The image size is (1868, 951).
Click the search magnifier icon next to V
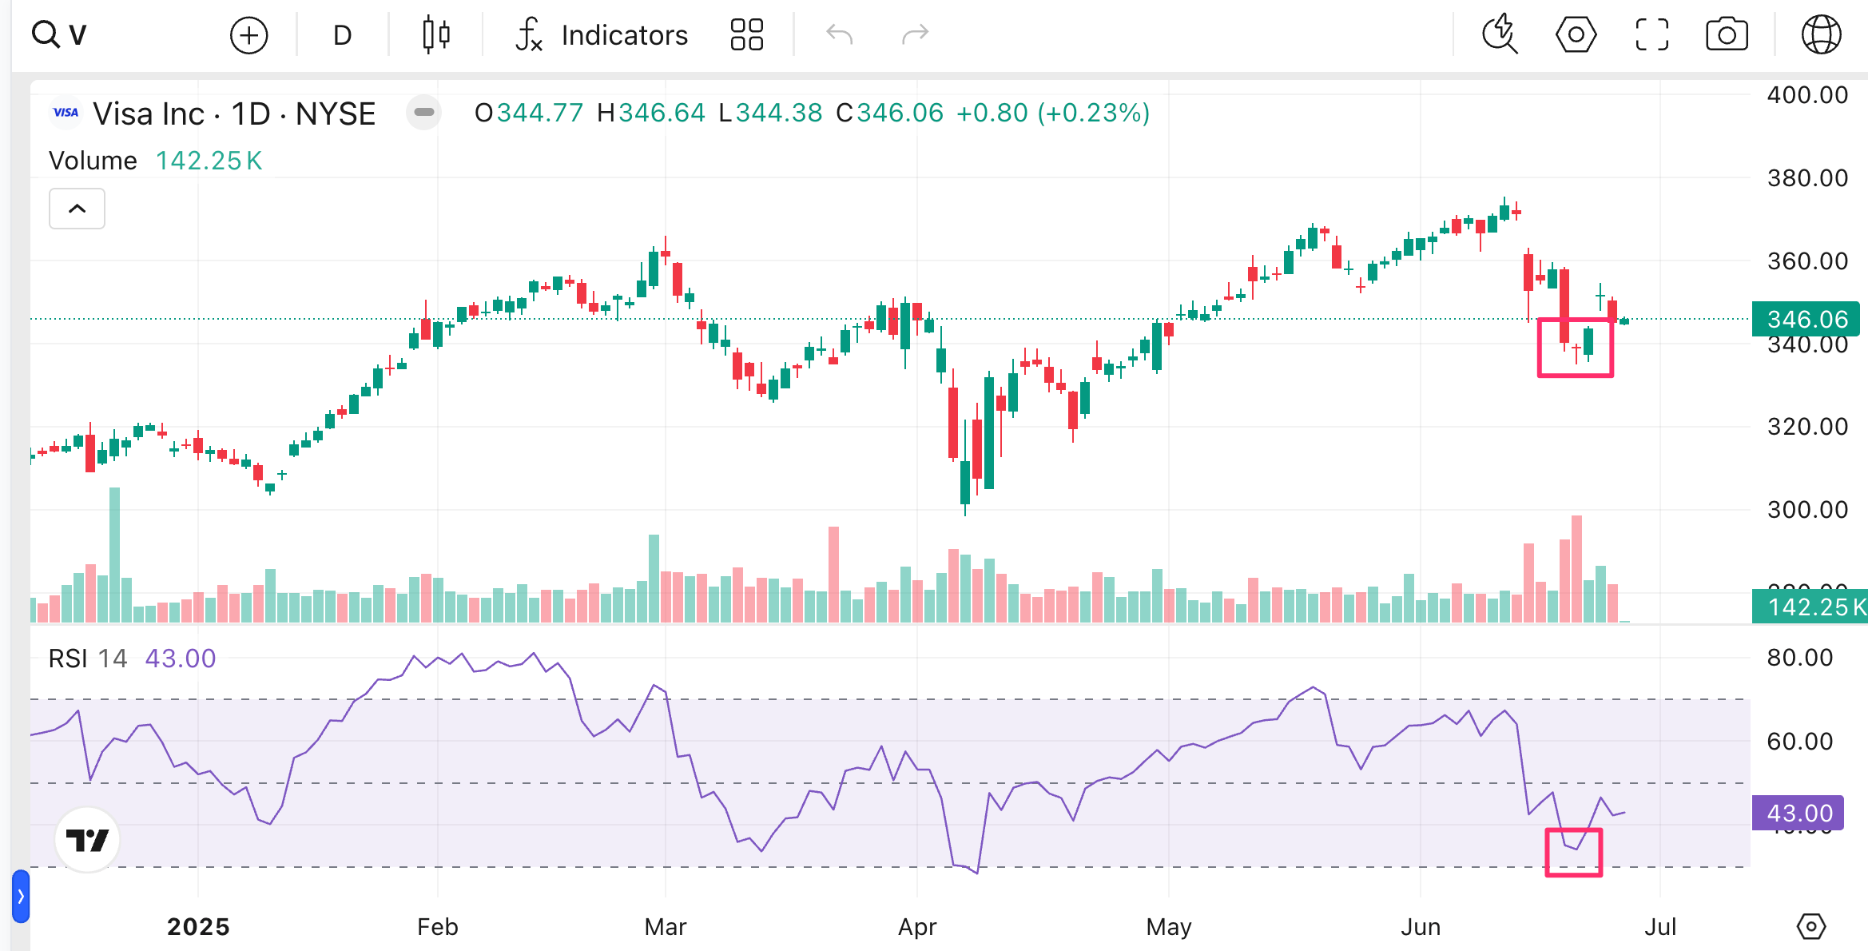[45, 35]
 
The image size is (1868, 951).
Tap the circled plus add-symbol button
[248, 35]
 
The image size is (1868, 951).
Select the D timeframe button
[342, 35]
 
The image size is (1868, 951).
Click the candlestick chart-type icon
[436, 35]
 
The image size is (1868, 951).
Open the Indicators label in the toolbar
[624, 35]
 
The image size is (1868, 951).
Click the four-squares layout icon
[747, 35]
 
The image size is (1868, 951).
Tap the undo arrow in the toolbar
[839, 35]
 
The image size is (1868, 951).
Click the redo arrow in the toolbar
[915, 35]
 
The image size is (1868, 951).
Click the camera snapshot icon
[1727, 35]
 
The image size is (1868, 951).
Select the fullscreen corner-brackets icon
[1651, 35]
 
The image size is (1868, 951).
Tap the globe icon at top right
[1821, 35]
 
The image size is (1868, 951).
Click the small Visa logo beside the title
[66, 113]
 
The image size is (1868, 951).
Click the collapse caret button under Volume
[77, 209]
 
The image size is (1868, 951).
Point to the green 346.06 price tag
[1806, 319]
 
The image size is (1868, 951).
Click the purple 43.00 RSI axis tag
[1798, 813]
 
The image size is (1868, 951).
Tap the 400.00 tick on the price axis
[1807, 95]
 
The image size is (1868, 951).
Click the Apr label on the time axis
[916, 927]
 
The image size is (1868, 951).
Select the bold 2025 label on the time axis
[198, 927]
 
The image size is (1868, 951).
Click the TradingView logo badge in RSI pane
[87, 840]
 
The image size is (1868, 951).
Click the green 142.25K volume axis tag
[1810, 607]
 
